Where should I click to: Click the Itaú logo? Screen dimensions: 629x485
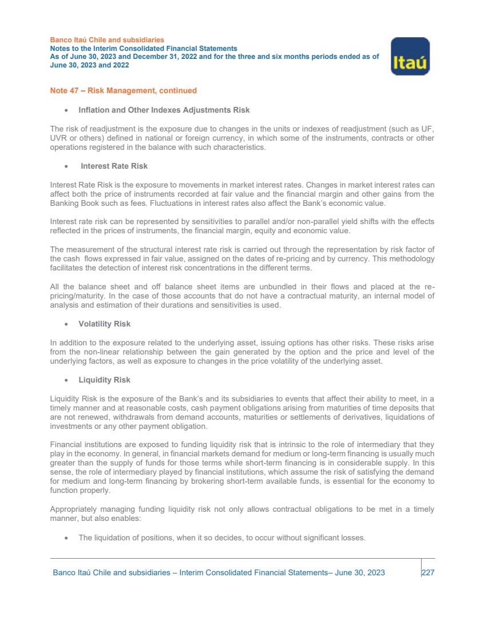[410, 56]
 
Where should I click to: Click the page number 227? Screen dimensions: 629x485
[428, 572]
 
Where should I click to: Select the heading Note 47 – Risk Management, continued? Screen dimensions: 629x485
[123, 90]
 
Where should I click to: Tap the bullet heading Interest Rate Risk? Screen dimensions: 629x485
[114, 166]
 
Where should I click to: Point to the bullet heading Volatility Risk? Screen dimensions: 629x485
[105, 324]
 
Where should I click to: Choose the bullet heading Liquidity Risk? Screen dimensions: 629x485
[105, 380]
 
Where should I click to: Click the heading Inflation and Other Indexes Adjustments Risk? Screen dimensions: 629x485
[164, 110]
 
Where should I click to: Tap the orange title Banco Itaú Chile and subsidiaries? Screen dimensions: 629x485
[107, 40]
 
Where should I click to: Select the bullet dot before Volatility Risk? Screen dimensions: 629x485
[67, 324]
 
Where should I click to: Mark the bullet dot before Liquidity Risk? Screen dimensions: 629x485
[67, 380]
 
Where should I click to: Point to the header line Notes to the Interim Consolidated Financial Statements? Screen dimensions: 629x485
[143, 49]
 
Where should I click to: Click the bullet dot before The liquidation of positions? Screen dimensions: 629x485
[67, 538]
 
